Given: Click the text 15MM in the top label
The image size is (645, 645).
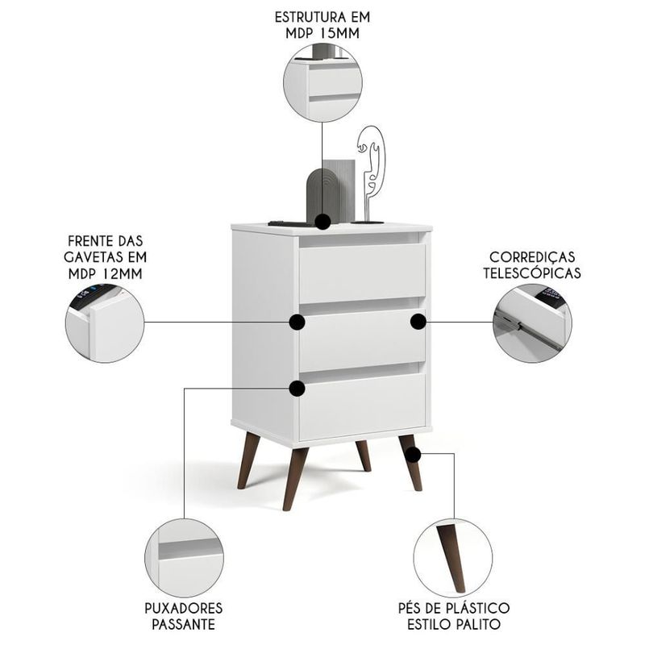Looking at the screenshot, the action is pyautogui.click(x=339, y=33).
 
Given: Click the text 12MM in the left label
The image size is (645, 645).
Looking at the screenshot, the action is pyautogui.click(x=123, y=273).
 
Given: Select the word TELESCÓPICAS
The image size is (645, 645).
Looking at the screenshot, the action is pyautogui.click(x=532, y=273).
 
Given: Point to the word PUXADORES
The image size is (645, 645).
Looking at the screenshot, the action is pyautogui.click(x=184, y=608).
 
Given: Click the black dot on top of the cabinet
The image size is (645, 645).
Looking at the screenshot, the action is pyautogui.click(x=323, y=222).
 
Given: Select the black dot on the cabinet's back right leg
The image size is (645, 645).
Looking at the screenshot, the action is pyautogui.click(x=413, y=455).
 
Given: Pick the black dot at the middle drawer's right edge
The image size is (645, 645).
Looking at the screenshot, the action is pyautogui.click(x=418, y=322).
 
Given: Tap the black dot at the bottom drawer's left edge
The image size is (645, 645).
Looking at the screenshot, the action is pyautogui.click(x=297, y=389).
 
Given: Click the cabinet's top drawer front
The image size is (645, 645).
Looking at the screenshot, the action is pyautogui.click(x=362, y=273).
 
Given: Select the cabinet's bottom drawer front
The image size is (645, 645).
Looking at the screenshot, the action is pyautogui.click(x=362, y=406).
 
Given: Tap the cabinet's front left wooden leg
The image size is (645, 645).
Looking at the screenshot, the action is pyautogui.click(x=295, y=478).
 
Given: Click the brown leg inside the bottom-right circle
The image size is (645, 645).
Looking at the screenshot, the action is pyautogui.click(x=451, y=558).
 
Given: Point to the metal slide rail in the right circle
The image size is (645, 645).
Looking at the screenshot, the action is pyautogui.click(x=526, y=331).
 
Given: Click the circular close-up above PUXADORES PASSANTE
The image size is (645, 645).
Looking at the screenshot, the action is pyautogui.click(x=184, y=557).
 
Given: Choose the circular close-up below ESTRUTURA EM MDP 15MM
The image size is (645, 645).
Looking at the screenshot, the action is pyautogui.click(x=323, y=83).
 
